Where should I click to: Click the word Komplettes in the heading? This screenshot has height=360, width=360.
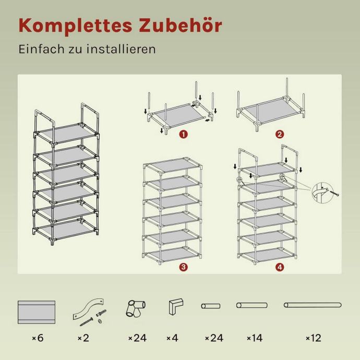[75, 26]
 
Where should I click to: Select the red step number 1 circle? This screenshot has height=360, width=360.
[184, 134]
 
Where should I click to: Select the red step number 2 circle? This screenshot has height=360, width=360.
[280, 134]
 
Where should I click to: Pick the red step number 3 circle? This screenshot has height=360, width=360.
[184, 267]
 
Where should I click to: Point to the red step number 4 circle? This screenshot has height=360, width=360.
[280, 267]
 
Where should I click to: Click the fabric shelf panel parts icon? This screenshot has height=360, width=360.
[37, 312]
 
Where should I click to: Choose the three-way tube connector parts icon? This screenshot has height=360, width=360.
[136, 308]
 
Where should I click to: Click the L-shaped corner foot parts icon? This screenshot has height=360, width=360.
[176, 306]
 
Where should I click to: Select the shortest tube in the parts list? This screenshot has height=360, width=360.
[211, 306]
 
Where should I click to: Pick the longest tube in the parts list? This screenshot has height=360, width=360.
[313, 305]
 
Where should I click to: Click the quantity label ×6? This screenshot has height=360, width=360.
[38, 338]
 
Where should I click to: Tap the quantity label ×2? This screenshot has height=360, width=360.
[83, 338]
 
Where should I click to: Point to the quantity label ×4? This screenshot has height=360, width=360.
[172, 338]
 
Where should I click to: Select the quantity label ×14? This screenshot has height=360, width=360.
[255, 338]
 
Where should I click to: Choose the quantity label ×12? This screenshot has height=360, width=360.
[314, 338]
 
